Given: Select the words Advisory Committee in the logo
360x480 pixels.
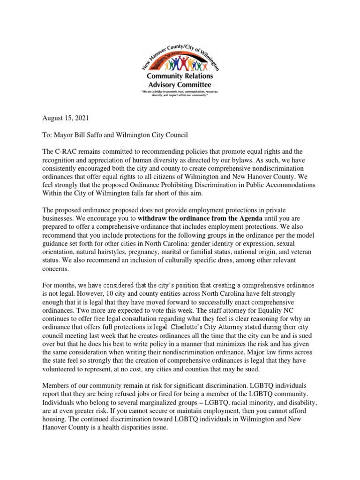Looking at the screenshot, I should pyautogui.click(x=180, y=84).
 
